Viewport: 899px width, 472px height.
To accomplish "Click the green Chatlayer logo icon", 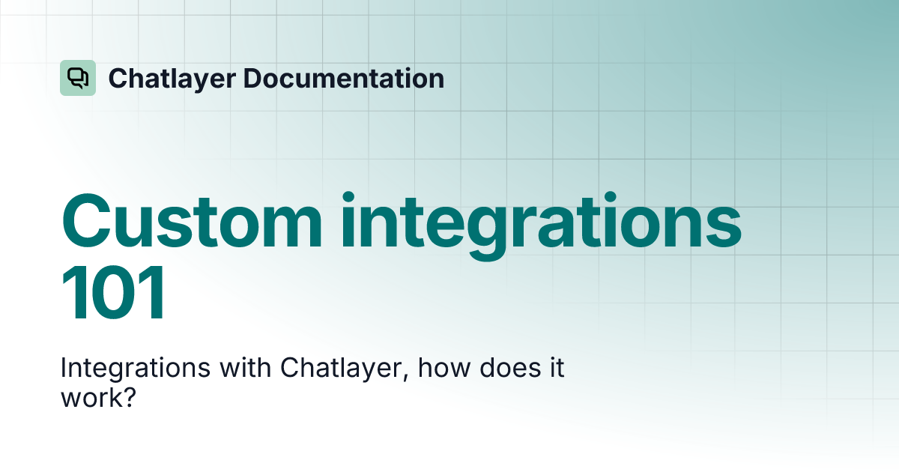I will pyautogui.click(x=78, y=78).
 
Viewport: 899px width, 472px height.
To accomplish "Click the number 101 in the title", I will pyautogui.click(x=114, y=297).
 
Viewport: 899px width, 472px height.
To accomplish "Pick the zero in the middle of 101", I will pyautogui.click(x=114, y=297).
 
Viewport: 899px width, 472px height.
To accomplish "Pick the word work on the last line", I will pyautogui.click(x=89, y=397).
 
